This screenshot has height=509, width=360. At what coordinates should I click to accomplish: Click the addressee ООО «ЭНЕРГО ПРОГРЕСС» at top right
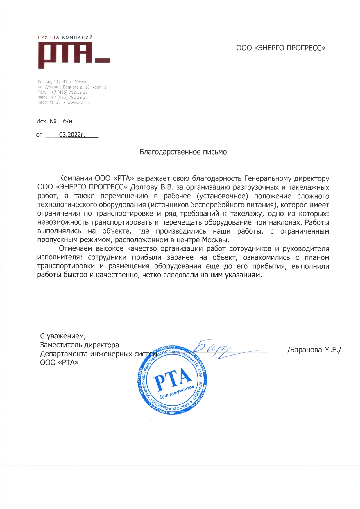(x=281, y=48)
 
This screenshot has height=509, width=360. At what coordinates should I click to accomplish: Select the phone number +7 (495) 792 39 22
(x=69, y=92)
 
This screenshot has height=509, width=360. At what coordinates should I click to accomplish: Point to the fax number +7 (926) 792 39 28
(x=69, y=97)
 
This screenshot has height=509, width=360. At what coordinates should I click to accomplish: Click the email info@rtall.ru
(x=49, y=103)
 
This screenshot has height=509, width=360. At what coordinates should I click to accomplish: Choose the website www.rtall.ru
(x=79, y=103)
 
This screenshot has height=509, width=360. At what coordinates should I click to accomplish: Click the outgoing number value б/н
(x=67, y=121)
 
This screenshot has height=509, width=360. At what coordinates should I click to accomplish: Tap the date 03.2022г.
(x=72, y=135)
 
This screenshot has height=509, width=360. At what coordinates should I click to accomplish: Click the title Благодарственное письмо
(x=183, y=152)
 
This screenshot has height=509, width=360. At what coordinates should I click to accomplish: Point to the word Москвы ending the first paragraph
(x=215, y=240)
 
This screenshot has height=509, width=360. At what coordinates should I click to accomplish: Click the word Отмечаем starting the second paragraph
(x=76, y=249)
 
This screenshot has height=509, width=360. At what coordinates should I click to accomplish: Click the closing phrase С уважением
(x=63, y=336)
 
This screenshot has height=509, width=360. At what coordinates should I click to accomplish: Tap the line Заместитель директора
(x=79, y=345)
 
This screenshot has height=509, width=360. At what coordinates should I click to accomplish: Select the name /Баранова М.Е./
(x=314, y=350)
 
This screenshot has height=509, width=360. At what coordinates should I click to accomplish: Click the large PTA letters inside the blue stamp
(x=173, y=379)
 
